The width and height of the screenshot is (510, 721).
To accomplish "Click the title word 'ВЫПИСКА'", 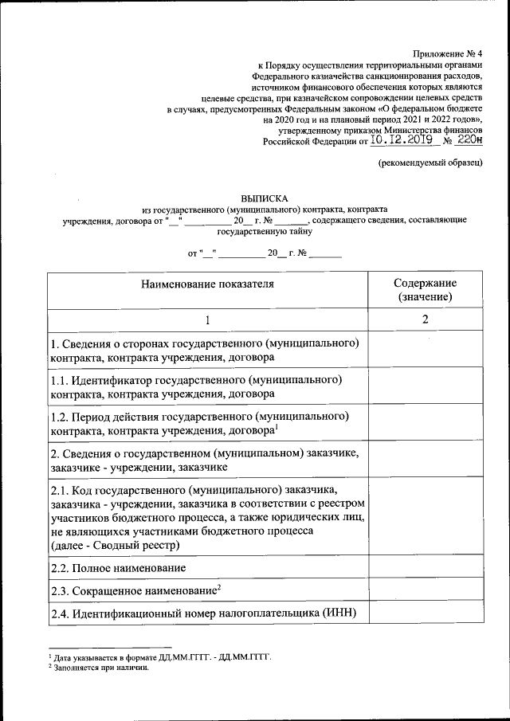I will point(265,197).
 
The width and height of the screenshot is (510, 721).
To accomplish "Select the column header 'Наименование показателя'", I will point(207,284).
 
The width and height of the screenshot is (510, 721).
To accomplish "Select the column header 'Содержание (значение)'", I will point(425,290).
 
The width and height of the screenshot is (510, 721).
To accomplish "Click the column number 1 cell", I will point(207,319).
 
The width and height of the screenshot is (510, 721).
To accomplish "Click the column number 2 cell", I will point(425,319).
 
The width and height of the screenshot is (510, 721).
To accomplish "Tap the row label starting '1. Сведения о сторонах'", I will point(204,350).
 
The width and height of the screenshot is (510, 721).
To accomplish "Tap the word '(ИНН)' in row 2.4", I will point(340,613).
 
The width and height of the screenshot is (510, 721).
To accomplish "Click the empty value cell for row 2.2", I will point(425,568).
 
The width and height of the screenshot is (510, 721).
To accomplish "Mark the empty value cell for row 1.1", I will point(425,386).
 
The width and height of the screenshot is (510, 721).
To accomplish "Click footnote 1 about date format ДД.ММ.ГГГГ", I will point(159,658).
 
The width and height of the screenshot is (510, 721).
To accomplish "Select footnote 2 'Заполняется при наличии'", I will point(99,668).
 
